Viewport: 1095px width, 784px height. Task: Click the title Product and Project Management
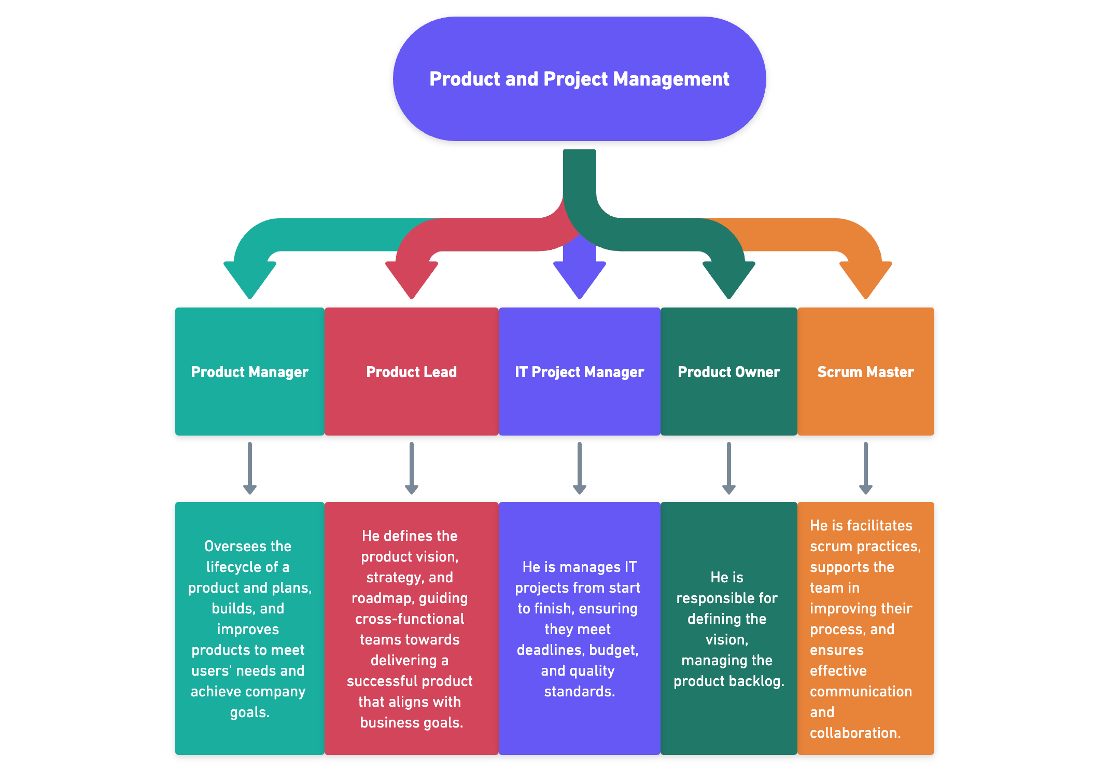click(x=579, y=79)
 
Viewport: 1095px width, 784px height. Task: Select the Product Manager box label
click(x=249, y=372)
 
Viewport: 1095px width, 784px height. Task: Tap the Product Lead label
click(x=411, y=372)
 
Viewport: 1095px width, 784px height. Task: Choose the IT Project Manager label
click(x=579, y=372)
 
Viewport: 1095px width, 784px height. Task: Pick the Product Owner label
click(x=728, y=372)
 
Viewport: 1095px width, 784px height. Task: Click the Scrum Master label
click(x=865, y=372)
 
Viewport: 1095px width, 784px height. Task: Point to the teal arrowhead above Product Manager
click(x=250, y=279)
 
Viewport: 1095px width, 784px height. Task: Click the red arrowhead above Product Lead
click(x=412, y=279)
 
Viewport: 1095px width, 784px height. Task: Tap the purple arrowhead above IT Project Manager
click(x=580, y=279)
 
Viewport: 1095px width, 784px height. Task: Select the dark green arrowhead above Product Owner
click(x=729, y=279)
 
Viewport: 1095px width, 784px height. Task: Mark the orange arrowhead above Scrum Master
click(x=866, y=279)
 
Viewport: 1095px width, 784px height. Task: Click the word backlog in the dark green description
click(x=761, y=681)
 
